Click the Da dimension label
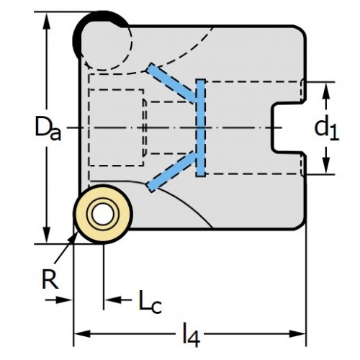pos(48,128)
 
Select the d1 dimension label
pos(327,129)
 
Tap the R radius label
pos(50,279)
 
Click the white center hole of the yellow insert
pos(103,215)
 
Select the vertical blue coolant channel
pos(200,128)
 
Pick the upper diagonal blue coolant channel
pos(172,83)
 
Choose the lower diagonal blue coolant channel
pos(172,171)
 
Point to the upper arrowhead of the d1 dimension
pos(325,92)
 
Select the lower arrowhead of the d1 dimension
pos(325,163)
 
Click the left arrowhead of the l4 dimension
pos(82,333)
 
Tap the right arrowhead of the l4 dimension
pos(297,333)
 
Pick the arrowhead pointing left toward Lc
pos(113,300)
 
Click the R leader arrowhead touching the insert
pos(73,238)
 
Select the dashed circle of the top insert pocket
pos(132,43)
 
